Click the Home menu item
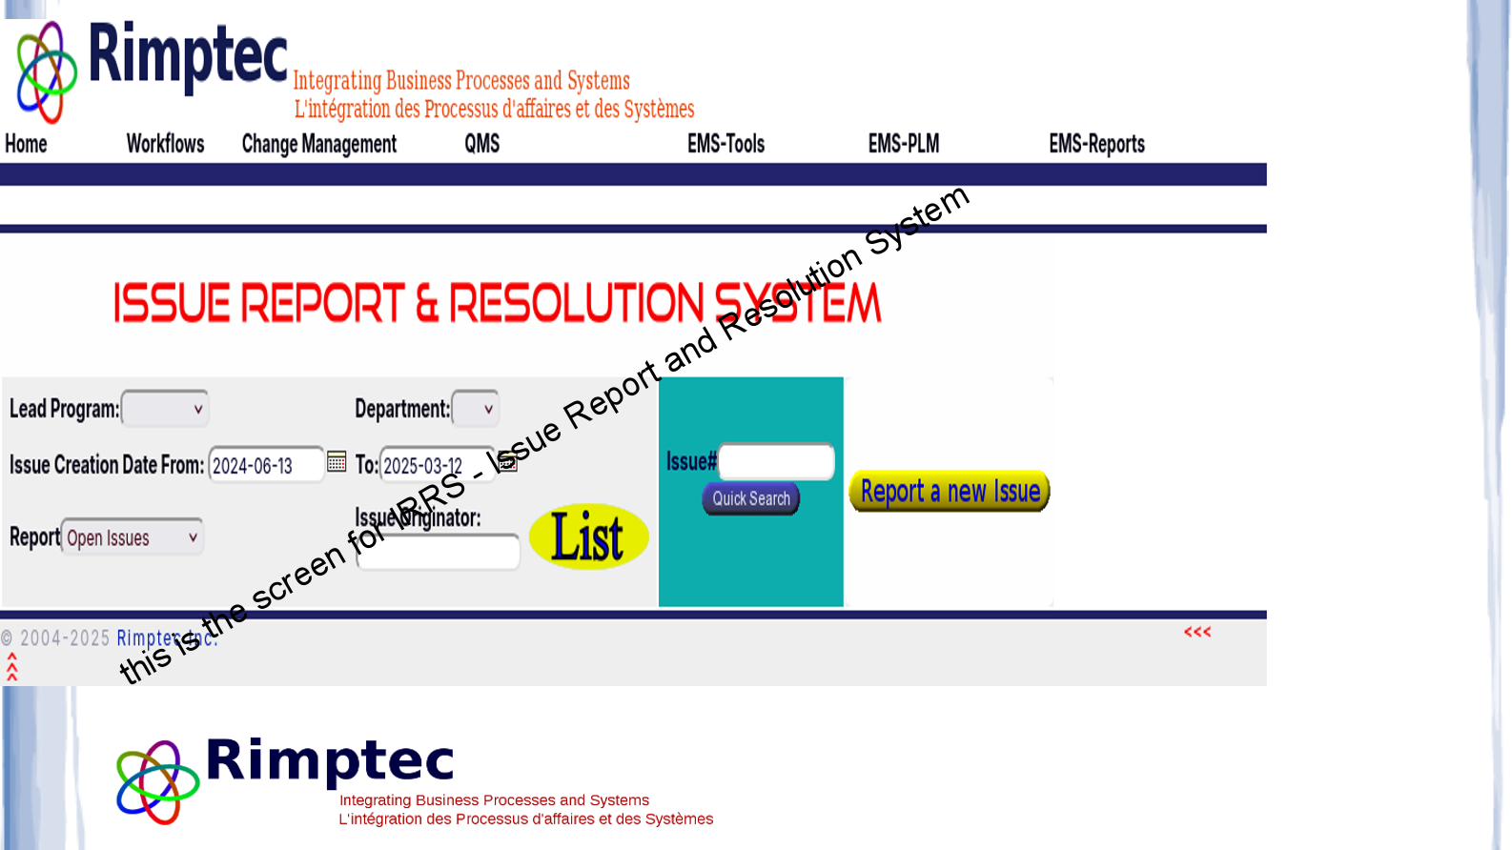[26, 144]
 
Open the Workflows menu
[165, 144]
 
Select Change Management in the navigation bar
[318, 144]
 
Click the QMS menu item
[481, 144]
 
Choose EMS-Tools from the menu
[725, 144]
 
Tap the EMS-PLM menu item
[903, 144]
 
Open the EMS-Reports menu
[1096, 144]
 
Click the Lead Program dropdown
[165, 409]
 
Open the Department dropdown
[475, 409]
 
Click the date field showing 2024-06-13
[265, 465]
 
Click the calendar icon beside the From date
[337, 461]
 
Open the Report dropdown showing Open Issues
[133, 537]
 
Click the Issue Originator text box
[438, 553]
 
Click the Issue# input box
[776, 462]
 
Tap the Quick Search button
[750, 498]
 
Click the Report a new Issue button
[949, 492]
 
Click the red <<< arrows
[1197, 632]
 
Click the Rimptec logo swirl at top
[46, 72]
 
